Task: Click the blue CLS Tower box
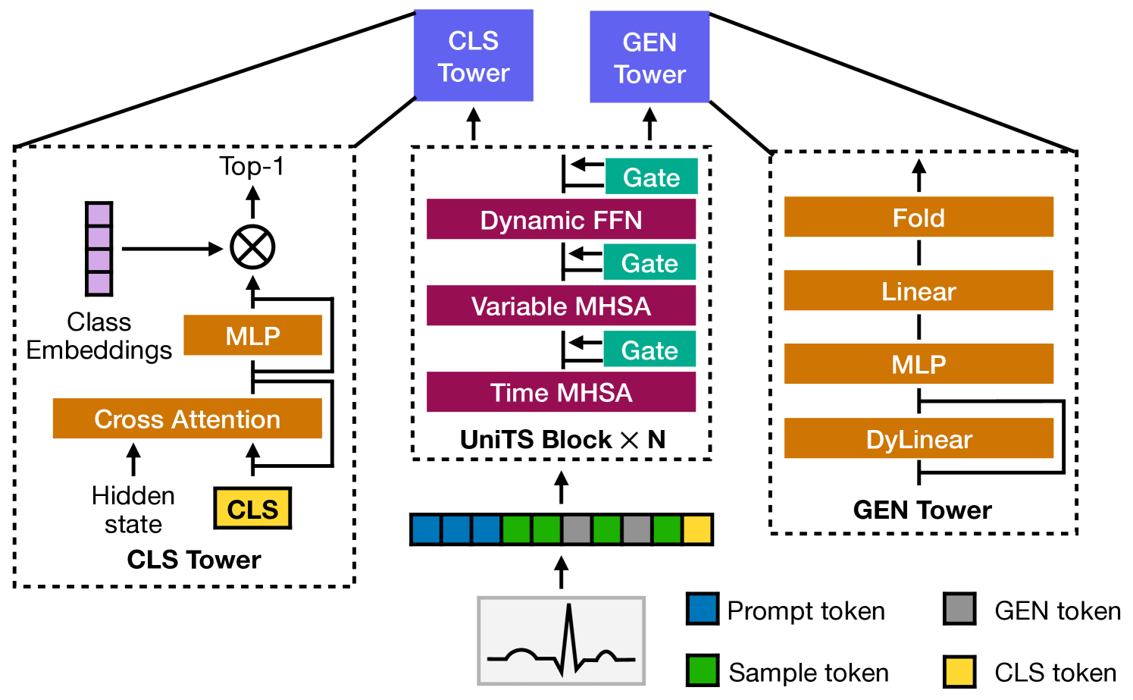(474, 55)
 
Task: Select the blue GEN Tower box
(649, 57)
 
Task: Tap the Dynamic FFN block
(561, 219)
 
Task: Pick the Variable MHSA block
(561, 306)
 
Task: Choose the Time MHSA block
(561, 392)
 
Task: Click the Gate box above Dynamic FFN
(651, 177)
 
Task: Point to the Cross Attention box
(187, 419)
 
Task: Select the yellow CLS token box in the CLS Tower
(252, 508)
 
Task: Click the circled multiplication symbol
(252, 247)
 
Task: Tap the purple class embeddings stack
(99, 249)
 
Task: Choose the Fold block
(919, 217)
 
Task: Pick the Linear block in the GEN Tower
(919, 290)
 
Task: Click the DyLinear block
(919, 438)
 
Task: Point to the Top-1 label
(252, 166)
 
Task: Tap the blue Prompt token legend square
(702, 609)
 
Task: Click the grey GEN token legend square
(959, 609)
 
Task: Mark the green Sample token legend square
(702, 671)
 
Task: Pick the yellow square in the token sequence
(697, 529)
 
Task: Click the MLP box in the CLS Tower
(252, 335)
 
